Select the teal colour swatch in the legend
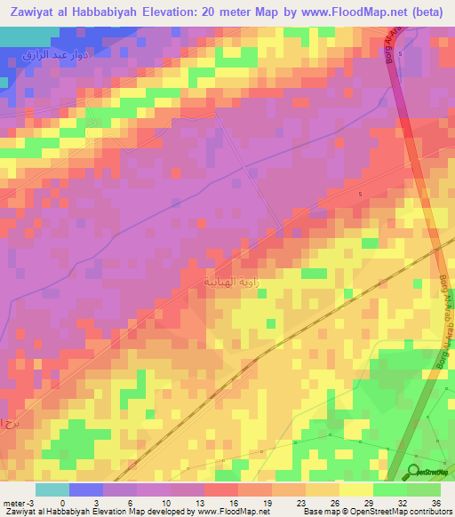tap(52, 489)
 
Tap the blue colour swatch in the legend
tap(85, 489)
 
